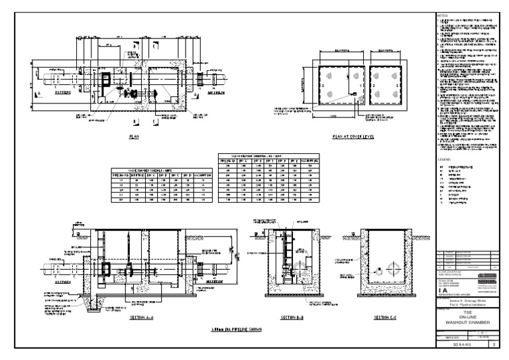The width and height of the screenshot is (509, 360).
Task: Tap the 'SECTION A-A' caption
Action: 139,318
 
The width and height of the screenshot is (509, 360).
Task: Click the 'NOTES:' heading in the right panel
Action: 443,15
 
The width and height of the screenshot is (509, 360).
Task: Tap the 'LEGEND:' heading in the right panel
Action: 445,160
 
